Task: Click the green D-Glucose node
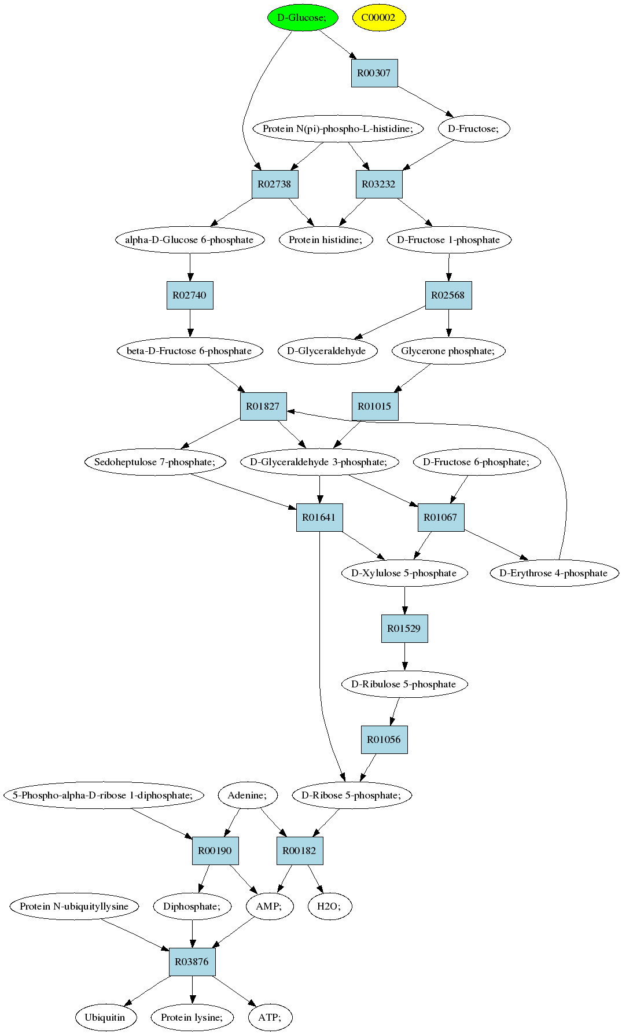(302, 17)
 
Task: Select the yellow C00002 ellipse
(379, 17)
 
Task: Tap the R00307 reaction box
(374, 73)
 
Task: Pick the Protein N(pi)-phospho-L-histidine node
(338, 128)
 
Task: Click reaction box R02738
(275, 184)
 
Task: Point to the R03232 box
(379, 184)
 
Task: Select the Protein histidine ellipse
(326, 240)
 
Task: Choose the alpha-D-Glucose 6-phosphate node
(190, 240)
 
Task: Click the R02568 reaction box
(448, 295)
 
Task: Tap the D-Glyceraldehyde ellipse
(327, 351)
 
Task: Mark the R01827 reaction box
(263, 406)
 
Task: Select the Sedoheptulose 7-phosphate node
(155, 462)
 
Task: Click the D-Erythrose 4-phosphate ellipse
(554, 573)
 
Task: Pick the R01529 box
(404, 628)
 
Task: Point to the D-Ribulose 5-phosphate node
(404, 684)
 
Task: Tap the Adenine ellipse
(248, 795)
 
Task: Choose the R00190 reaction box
(215, 851)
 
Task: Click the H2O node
(330, 906)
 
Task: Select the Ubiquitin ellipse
(105, 1017)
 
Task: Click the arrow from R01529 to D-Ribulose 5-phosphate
(404, 656)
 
